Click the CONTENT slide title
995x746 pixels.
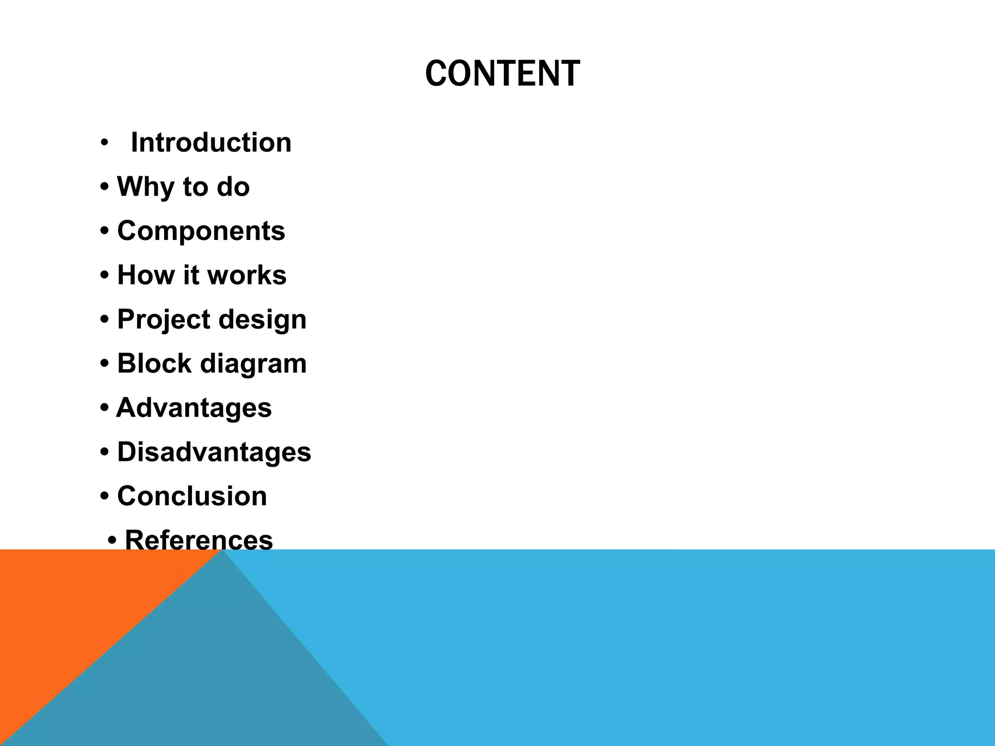[x=502, y=74]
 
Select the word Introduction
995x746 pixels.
[x=211, y=143]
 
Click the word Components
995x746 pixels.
[x=201, y=231]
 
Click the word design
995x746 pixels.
[x=262, y=320]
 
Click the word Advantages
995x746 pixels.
[x=194, y=407]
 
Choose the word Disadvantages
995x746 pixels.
[x=214, y=452]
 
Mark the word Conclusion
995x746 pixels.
[x=192, y=496]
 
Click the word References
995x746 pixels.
[x=199, y=540]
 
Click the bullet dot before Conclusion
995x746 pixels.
[x=104, y=497]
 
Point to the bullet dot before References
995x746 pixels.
[x=112, y=541]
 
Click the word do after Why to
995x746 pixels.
[x=233, y=186]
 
